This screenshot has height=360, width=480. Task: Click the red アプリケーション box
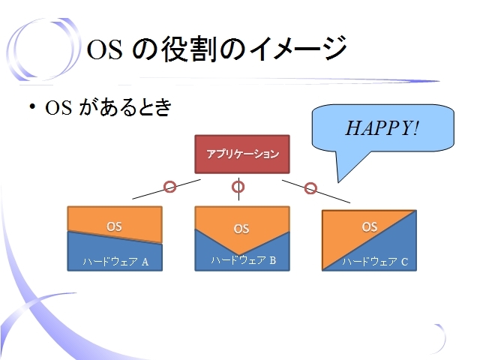click(x=242, y=154)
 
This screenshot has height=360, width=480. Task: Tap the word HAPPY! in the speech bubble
click(x=382, y=127)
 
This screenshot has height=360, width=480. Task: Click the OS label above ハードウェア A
click(x=114, y=226)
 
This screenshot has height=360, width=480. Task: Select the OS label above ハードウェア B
click(x=241, y=229)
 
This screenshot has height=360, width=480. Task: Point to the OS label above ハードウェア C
click(x=370, y=226)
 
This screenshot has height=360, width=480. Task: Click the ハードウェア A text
click(x=115, y=262)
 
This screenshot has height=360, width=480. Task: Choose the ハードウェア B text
click(x=244, y=260)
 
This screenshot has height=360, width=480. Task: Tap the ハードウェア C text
click(x=375, y=262)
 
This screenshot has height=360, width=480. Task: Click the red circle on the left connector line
click(x=170, y=187)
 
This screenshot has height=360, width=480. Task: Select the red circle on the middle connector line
click(x=238, y=187)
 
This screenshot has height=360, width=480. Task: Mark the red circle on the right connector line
click(x=310, y=188)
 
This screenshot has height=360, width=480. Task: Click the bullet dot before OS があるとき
click(x=32, y=106)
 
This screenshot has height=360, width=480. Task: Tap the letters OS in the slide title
click(x=105, y=49)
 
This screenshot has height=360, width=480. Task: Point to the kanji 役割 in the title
click(x=187, y=49)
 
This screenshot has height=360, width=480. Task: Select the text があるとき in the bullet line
click(x=125, y=107)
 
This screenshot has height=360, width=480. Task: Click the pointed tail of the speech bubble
click(x=338, y=182)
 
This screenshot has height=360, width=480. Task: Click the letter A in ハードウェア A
click(x=145, y=262)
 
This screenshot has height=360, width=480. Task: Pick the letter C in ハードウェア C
click(x=405, y=262)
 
